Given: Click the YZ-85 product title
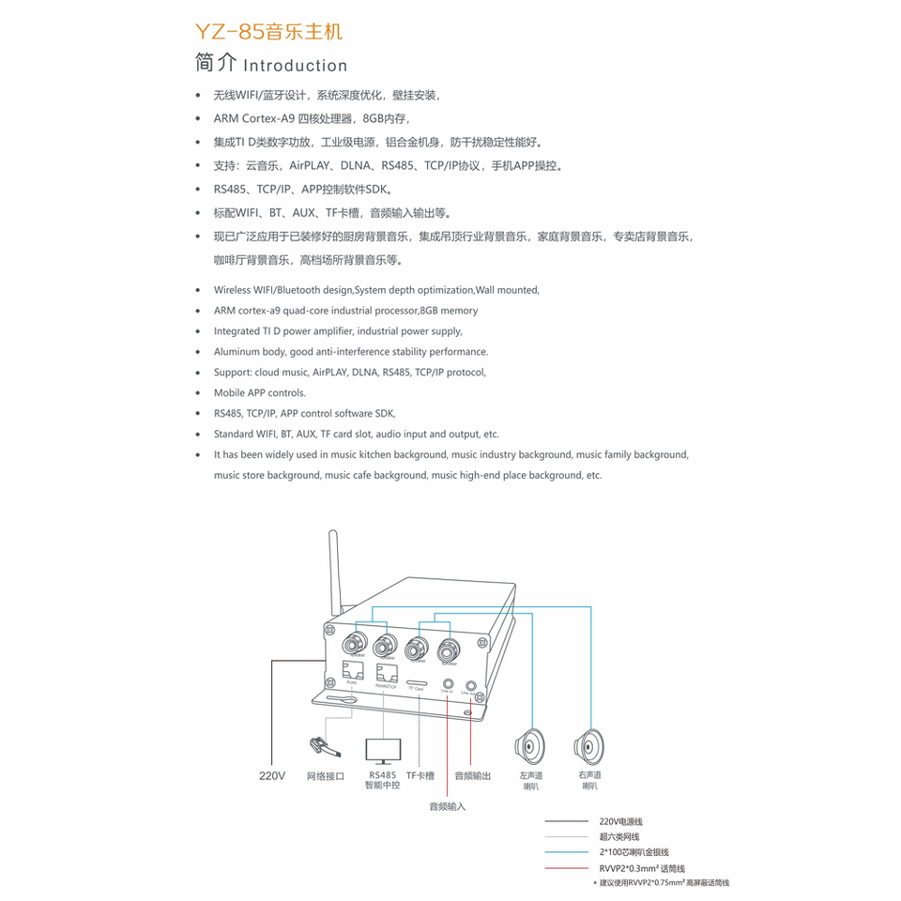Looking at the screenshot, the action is point(268,32).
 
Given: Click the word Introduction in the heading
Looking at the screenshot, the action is point(295,66).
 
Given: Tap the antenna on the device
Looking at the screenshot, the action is point(332,572).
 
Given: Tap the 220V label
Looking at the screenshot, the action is point(271,776).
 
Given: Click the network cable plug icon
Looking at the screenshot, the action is point(320,747).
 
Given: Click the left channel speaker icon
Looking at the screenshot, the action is point(530,748).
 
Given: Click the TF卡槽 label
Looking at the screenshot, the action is point(420,776).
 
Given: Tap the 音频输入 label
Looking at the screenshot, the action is point(447,806).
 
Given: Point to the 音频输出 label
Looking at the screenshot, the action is point(472,776).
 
